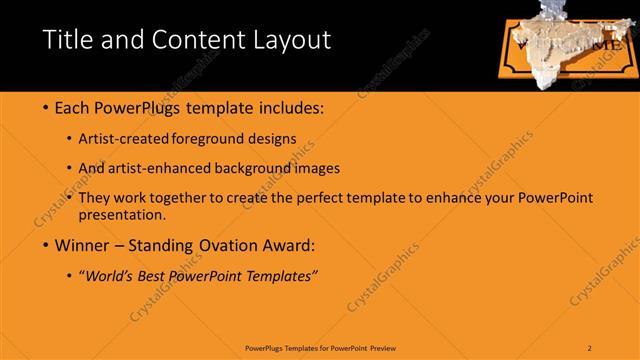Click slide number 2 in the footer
(x=590, y=347)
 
